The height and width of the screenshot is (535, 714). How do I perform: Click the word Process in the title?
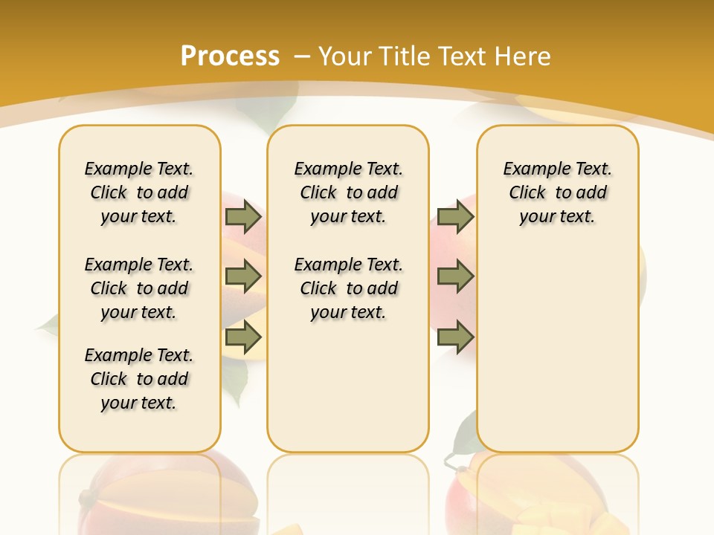pyautogui.click(x=230, y=56)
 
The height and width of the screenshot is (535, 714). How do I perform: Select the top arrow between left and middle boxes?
pyautogui.click(x=243, y=217)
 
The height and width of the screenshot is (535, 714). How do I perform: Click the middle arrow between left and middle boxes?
pyautogui.click(x=243, y=277)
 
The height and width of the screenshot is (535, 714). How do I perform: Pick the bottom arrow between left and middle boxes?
pyautogui.click(x=243, y=337)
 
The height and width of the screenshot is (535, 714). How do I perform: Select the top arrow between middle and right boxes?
pyautogui.click(x=455, y=217)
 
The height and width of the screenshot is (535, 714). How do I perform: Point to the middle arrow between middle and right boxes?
pyautogui.click(x=455, y=277)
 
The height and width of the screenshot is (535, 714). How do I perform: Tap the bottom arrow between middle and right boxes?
pyautogui.click(x=455, y=337)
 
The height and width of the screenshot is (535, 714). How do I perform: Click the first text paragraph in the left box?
pyautogui.click(x=139, y=192)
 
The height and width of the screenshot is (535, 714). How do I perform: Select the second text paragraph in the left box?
pyautogui.click(x=139, y=288)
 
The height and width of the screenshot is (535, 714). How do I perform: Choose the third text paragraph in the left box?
pyautogui.click(x=139, y=379)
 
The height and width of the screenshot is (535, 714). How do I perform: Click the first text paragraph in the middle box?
pyautogui.click(x=348, y=192)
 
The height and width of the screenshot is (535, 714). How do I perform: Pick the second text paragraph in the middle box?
pyautogui.click(x=348, y=288)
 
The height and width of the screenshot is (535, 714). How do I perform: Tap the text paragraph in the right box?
pyautogui.click(x=557, y=192)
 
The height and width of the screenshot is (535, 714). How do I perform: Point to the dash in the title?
pyautogui.click(x=302, y=56)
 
